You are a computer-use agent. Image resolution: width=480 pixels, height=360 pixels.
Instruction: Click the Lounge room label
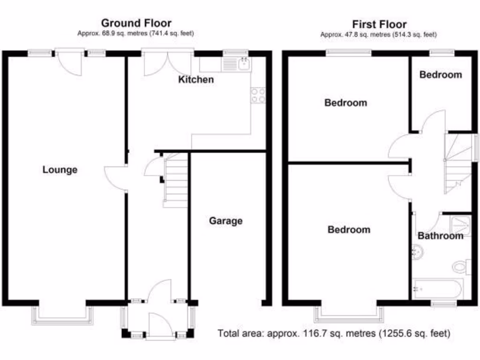point(60,170)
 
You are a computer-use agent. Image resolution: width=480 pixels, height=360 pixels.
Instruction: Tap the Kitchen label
point(196,80)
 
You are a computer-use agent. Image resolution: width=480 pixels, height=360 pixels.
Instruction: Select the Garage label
point(225,221)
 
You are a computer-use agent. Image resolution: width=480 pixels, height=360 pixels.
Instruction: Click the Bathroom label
point(440,236)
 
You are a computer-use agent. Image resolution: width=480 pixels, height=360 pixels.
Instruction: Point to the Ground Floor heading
point(136,23)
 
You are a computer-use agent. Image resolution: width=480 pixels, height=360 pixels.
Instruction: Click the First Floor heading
point(379,24)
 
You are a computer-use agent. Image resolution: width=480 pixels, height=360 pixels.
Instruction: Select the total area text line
point(334,334)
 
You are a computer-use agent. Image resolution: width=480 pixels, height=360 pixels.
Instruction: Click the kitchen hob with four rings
point(258,95)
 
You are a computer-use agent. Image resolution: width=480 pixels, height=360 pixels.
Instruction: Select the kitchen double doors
point(167,63)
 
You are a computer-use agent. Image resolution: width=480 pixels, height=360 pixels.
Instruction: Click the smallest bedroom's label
point(440,75)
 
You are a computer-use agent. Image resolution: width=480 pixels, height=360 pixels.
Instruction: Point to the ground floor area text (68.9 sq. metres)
point(136,33)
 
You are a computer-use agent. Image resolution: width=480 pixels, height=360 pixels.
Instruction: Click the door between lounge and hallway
point(115,178)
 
